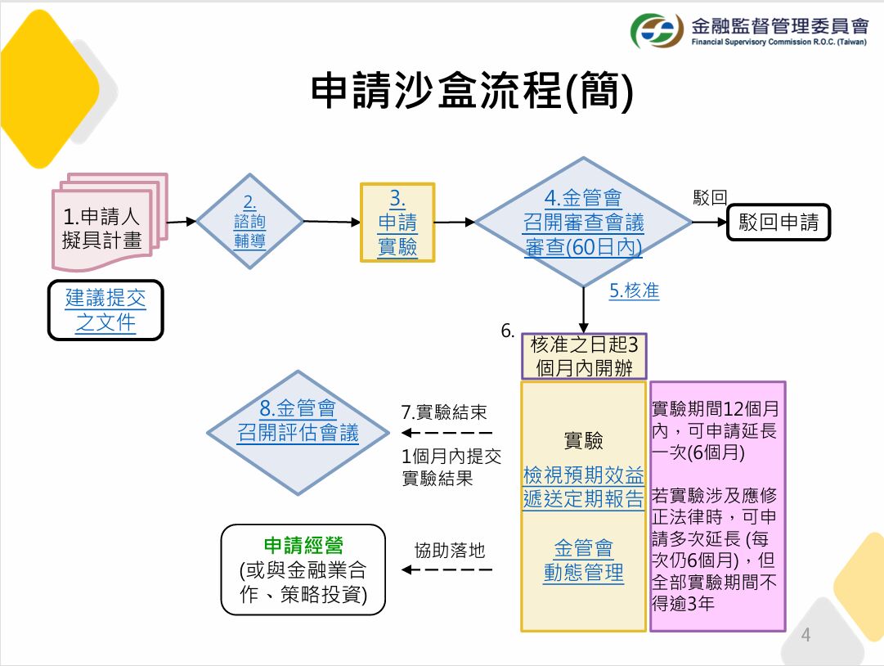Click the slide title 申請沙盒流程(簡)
pos(472,90)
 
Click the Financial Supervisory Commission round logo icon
pos(656,30)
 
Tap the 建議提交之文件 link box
pos(105,310)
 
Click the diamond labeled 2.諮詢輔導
pos(249,221)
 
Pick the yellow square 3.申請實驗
pos(397,223)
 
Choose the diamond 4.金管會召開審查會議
pos(584,222)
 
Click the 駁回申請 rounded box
pos(778,223)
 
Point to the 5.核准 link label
pos(635,290)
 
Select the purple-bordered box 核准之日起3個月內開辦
pos(584,357)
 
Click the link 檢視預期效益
pos(584,475)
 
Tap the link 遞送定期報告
pos(584,499)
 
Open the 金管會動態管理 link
pos(584,560)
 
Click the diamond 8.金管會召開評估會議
pos(298,433)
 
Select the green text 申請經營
pos(303,546)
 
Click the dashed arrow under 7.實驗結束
pos(447,433)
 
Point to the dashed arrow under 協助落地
pos(447,569)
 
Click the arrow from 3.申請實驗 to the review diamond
pos(455,223)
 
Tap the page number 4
pos(805,635)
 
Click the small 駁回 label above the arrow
pos(710,197)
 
